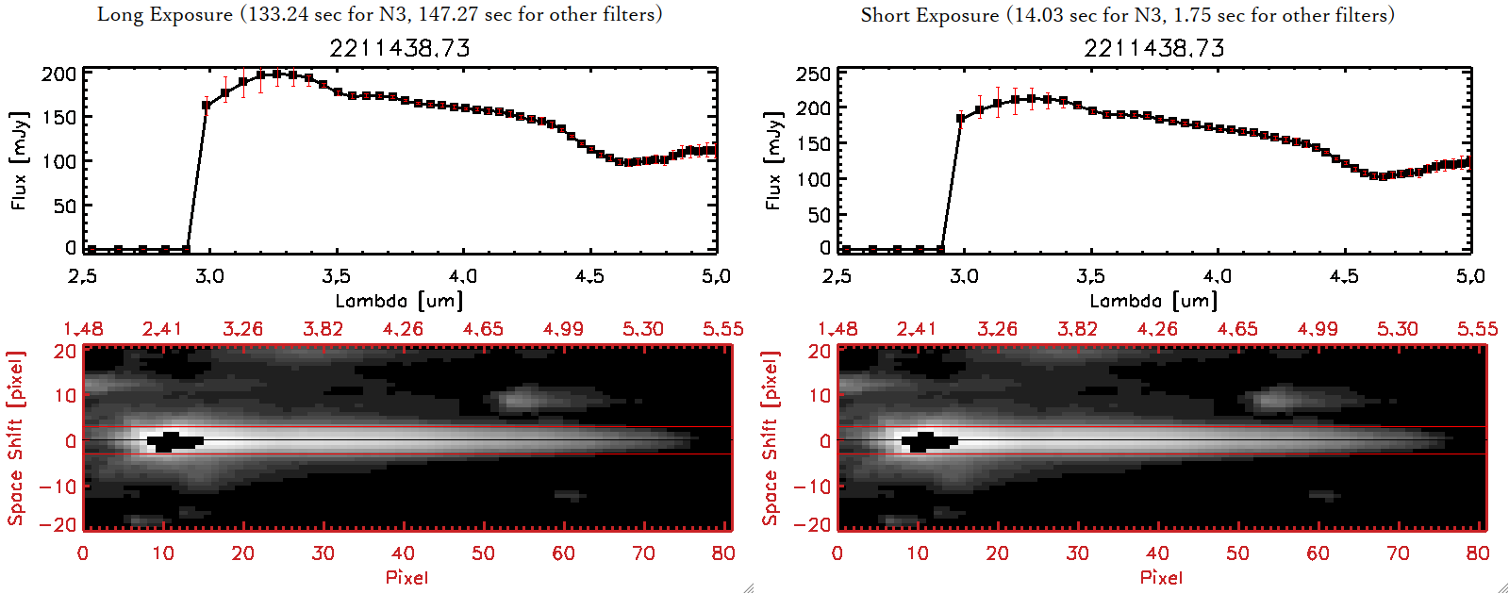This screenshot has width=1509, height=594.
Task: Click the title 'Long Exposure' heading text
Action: [165, 14]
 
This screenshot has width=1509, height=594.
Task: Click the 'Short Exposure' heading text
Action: [929, 15]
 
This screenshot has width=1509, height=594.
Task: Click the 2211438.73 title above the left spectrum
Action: [400, 48]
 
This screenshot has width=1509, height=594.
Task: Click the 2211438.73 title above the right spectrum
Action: [1154, 48]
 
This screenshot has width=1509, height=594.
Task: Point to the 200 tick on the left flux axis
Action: [58, 74]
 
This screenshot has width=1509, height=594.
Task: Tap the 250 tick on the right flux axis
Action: [813, 74]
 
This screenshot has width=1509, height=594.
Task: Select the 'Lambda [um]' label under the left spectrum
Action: [399, 301]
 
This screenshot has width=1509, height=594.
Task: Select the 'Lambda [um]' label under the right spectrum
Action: [1153, 301]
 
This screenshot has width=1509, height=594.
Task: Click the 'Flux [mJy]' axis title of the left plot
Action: [20, 160]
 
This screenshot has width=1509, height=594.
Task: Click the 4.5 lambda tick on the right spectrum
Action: [1344, 276]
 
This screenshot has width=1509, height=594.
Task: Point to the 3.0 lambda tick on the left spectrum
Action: [209, 276]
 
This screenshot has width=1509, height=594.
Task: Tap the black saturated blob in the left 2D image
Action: [174, 440]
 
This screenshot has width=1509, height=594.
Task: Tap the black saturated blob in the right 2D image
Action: [929, 440]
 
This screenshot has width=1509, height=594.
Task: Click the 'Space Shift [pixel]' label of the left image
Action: [15, 438]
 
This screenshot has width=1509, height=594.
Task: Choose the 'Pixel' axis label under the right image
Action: [1161, 577]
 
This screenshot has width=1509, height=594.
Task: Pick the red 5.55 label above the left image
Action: [722, 329]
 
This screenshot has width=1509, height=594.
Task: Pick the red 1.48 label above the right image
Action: [837, 329]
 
